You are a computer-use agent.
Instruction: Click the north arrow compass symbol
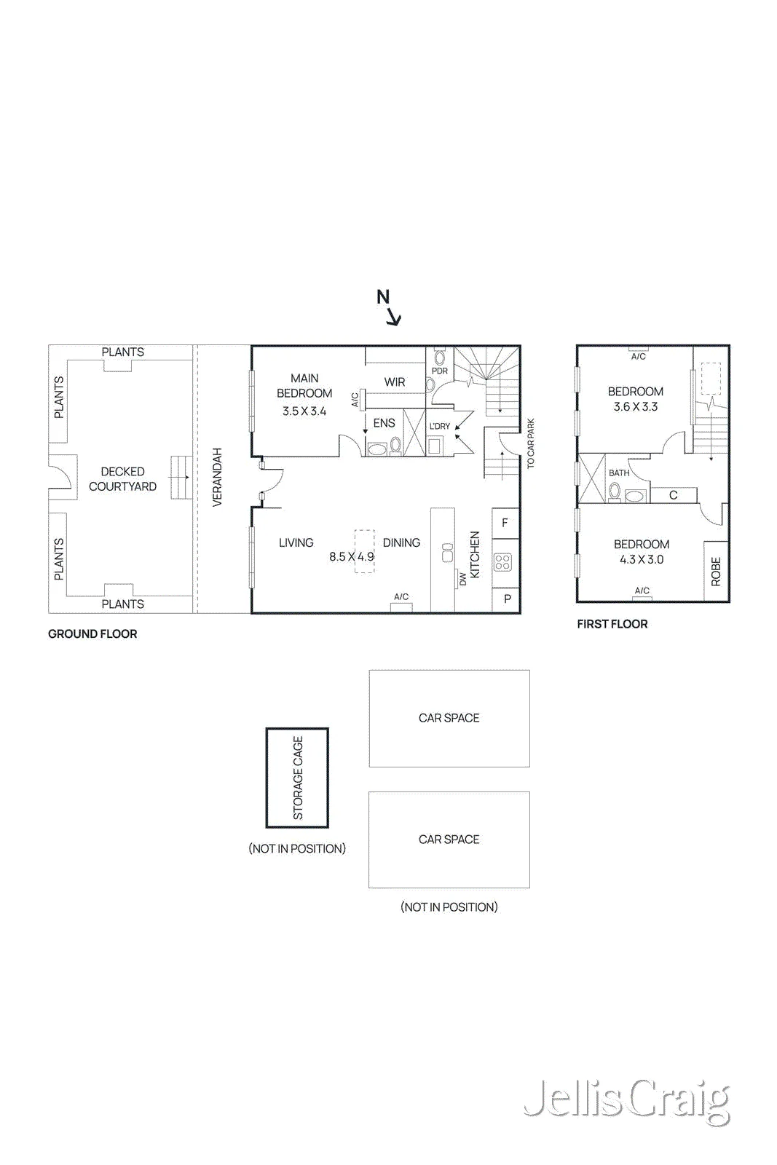pyautogui.click(x=388, y=307)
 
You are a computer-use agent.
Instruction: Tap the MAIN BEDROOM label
pyautogui.click(x=304, y=385)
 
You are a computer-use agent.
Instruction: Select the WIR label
pyautogui.click(x=394, y=382)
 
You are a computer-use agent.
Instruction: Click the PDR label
pyautogui.click(x=439, y=371)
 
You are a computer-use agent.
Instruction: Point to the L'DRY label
pyautogui.click(x=439, y=426)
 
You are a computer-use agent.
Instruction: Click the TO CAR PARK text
pyautogui.click(x=530, y=443)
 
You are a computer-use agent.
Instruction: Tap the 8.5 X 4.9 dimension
pyautogui.click(x=352, y=556)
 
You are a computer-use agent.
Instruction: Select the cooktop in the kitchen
pyautogui.click(x=503, y=562)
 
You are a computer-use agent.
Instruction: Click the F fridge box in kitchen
pyautogui.click(x=505, y=523)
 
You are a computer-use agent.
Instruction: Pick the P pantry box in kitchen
pyautogui.click(x=506, y=599)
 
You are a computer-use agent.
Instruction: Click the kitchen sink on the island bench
pyautogui.click(x=447, y=553)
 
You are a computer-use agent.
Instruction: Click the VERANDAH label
pyautogui.click(x=218, y=477)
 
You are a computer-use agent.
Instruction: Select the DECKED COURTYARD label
pyautogui.click(x=122, y=479)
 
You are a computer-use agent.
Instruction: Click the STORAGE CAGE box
pyautogui.click(x=297, y=778)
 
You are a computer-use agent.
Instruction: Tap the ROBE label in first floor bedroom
pyautogui.click(x=716, y=572)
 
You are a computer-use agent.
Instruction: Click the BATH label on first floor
pyautogui.click(x=619, y=473)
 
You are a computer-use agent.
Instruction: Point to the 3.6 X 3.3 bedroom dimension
pyautogui.click(x=636, y=407)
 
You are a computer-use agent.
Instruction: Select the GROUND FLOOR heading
pyautogui.click(x=92, y=634)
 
